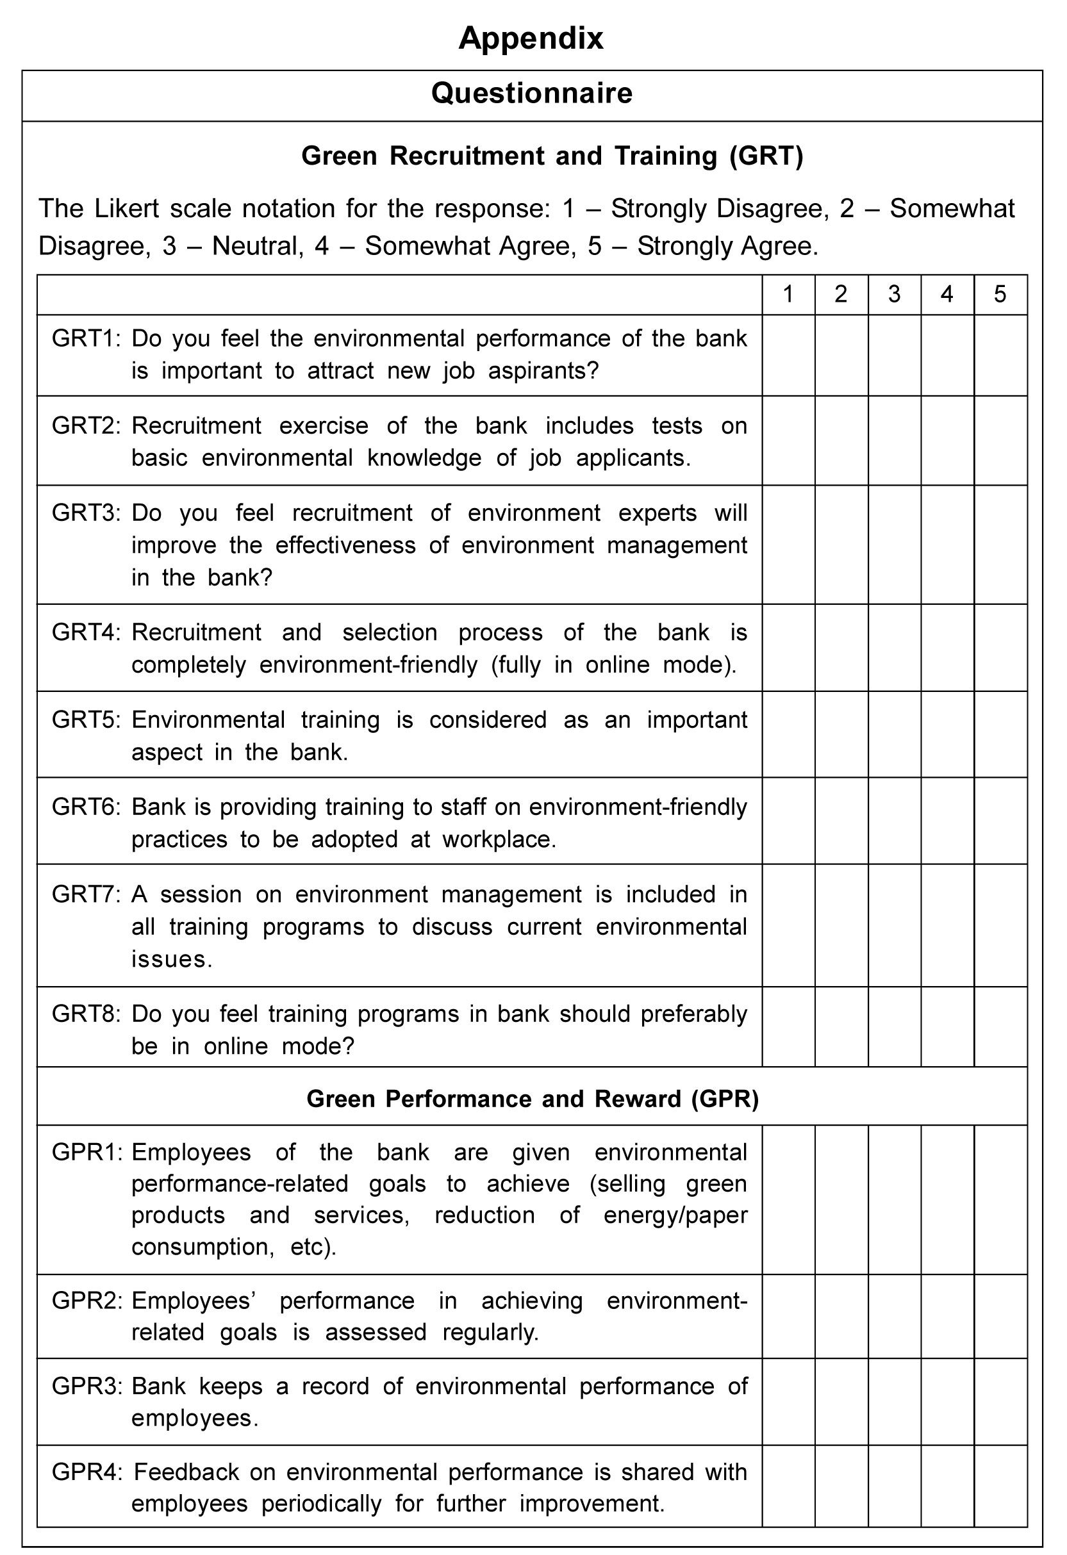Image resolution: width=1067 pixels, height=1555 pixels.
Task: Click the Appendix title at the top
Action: [x=531, y=38]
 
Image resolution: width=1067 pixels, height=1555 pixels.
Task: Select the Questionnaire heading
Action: [x=531, y=93]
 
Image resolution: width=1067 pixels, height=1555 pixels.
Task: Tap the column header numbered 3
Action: [x=895, y=295]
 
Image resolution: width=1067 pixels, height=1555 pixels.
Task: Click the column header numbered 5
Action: [x=1000, y=295]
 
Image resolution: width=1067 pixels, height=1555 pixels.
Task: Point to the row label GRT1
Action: [x=85, y=338]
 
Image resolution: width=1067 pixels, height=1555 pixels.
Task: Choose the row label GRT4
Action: [x=85, y=632]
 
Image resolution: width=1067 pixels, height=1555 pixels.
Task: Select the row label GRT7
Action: [x=85, y=894]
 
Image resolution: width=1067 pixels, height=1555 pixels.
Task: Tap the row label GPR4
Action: [x=87, y=1472]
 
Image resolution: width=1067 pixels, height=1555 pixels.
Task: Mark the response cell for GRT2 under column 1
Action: [x=788, y=441]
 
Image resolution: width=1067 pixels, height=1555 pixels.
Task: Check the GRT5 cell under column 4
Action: [x=947, y=735]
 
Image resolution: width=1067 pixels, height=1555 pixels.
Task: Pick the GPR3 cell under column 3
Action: [x=895, y=1402]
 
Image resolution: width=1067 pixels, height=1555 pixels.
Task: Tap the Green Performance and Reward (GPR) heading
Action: [x=532, y=1099]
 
